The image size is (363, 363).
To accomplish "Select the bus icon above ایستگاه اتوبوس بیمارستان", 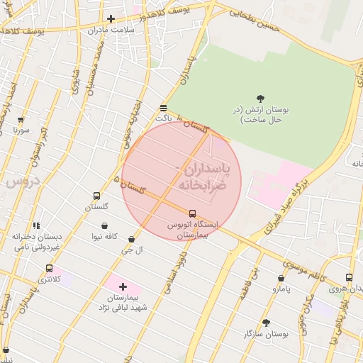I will [192, 213].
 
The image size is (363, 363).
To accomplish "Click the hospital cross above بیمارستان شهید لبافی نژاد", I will [123, 286].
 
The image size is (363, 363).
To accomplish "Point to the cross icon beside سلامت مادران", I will [110, 19].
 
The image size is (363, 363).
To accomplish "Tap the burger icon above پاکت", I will [164, 108].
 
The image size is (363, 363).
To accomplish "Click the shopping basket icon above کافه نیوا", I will [105, 226].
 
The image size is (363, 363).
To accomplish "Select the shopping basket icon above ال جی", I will [132, 240].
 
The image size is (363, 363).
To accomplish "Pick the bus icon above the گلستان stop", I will [96, 196].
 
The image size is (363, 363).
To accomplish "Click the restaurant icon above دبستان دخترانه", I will [36, 225].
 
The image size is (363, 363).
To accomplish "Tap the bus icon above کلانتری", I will [49, 269].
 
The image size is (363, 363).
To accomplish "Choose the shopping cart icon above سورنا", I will [20, 120].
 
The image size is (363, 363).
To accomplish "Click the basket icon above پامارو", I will [281, 279].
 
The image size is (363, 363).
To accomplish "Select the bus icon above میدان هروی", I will [348, 277].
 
